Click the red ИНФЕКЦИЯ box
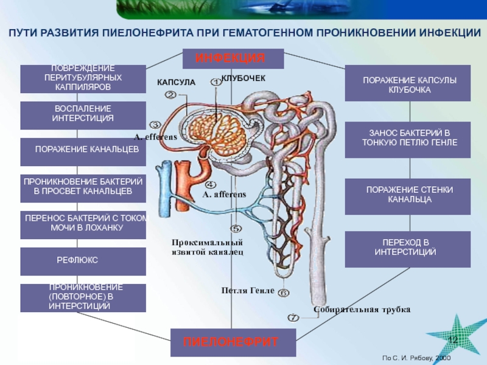(x=233, y=58)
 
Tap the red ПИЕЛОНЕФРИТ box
(x=233, y=342)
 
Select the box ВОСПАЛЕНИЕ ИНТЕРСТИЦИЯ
(x=83, y=116)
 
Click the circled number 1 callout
(x=215, y=82)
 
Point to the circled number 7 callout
(x=293, y=318)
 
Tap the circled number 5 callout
(x=236, y=228)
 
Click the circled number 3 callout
(x=156, y=124)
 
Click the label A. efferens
(x=155, y=137)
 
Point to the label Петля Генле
(x=248, y=291)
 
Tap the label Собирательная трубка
(x=362, y=310)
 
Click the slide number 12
(x=453, y=338)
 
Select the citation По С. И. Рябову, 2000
(x=418, y=358)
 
